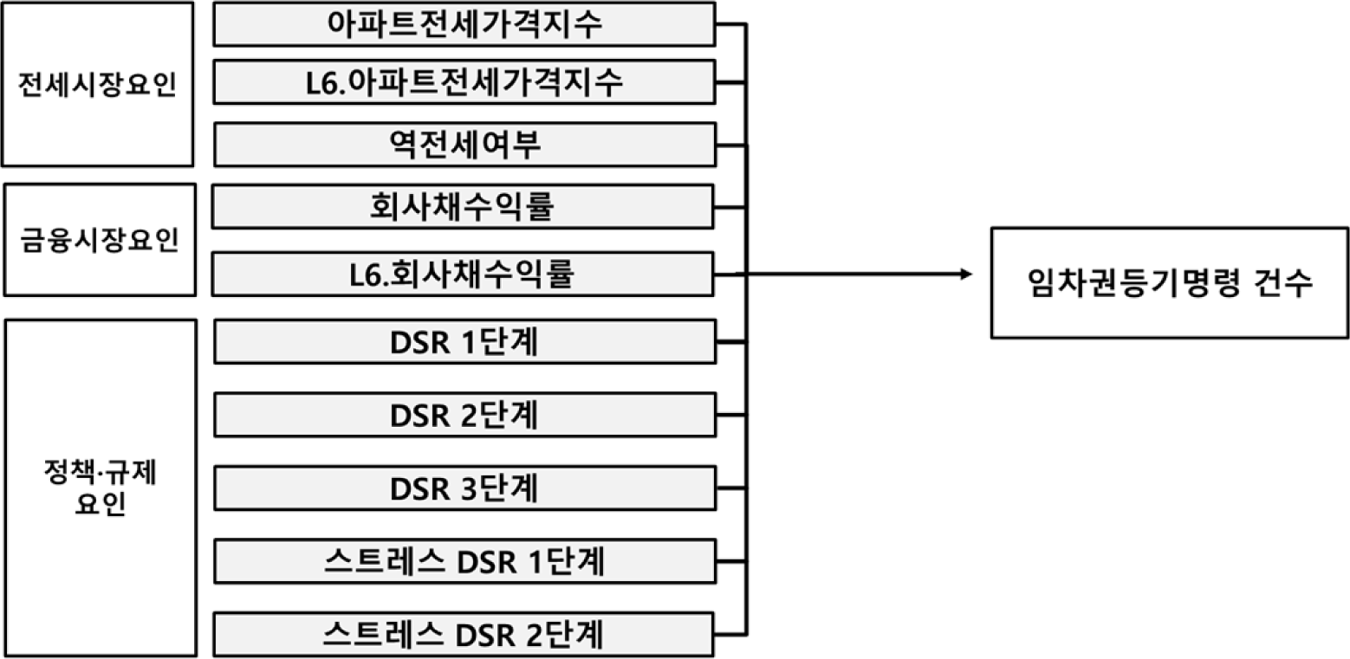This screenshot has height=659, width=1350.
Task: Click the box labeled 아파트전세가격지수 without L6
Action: (x=464, y=24)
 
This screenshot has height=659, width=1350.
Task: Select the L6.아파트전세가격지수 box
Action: (x=464, y=82)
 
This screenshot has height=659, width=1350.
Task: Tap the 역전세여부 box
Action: (x=464, y=145)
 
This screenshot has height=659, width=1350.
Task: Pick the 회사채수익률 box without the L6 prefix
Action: (x=464, y=207)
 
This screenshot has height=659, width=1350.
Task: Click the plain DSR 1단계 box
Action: (x=464, y=342)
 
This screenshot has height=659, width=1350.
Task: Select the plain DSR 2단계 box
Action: (x=464, y=415)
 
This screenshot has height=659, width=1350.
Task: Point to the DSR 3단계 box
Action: (x=464, y=488)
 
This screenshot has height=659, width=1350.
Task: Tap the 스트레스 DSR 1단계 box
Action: (x=464, y=562)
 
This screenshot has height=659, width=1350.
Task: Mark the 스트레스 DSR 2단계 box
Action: (x=464, y=635)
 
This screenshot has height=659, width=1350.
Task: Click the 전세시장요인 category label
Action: (x=97, y=86)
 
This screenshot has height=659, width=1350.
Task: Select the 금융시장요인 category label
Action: (x=98, y=239)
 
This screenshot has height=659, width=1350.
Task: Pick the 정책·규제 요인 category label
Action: (x=98, y=488)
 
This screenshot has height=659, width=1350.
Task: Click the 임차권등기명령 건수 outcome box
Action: (x=1169, y=282)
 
